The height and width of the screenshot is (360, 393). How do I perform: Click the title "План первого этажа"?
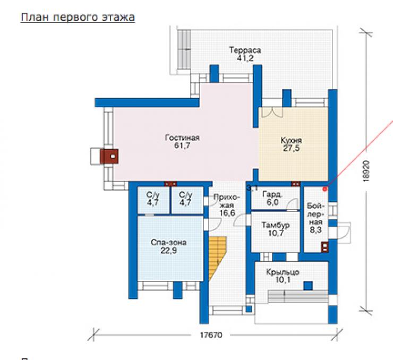[78, 18]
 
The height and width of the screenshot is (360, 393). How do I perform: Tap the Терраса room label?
[245, 50]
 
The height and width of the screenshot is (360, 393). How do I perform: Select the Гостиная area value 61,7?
[182, 145]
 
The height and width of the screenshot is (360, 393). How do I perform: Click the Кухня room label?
[291, 140]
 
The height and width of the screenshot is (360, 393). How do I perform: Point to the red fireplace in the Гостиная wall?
[109, 156]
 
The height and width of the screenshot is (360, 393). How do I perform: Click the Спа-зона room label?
[168, 242]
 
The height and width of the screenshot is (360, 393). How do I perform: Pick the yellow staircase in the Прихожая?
[218, 258]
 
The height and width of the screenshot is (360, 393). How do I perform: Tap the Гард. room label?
[272, 194]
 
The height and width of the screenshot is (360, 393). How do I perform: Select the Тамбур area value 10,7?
[276, 233]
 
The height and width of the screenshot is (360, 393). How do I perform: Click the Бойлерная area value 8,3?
[315, 230]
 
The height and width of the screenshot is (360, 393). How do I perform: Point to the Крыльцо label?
[283, 272]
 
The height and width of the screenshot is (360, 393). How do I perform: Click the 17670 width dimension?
[211, 335]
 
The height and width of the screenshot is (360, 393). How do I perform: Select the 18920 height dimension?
[366, 170]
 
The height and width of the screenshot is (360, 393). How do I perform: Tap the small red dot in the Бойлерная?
[325, 189]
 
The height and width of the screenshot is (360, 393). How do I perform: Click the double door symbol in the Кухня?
[272, 113]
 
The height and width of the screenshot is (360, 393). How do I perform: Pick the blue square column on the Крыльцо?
[308, 286]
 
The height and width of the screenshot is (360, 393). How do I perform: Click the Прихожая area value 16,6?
[227, 213]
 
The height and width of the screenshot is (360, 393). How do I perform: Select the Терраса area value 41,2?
[245, 58]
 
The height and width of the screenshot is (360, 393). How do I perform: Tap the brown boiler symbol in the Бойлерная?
[325, 247]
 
